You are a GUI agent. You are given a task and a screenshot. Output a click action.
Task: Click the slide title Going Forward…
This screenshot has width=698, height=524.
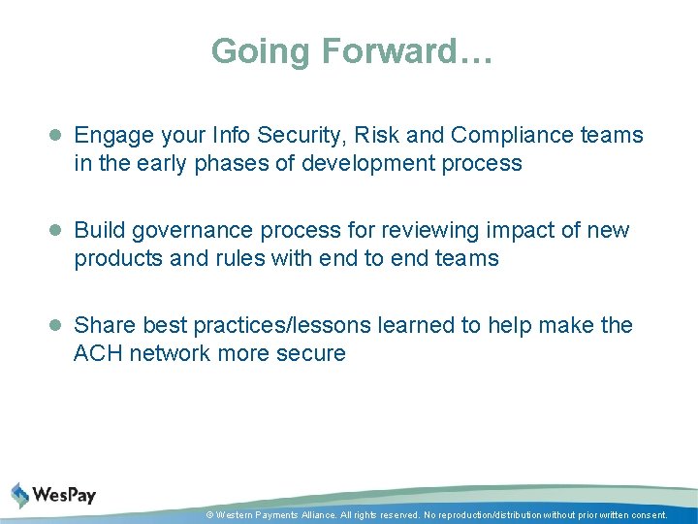coord(352,51)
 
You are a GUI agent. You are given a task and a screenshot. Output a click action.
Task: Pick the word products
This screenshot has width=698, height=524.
coord(114,259)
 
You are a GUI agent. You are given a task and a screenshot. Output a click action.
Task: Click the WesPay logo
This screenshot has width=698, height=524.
coord(54,495)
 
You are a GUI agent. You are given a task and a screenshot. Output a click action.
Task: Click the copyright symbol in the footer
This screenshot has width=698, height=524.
coord(209,515)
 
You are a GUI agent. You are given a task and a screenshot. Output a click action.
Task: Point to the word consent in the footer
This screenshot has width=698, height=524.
coord(647,515)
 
